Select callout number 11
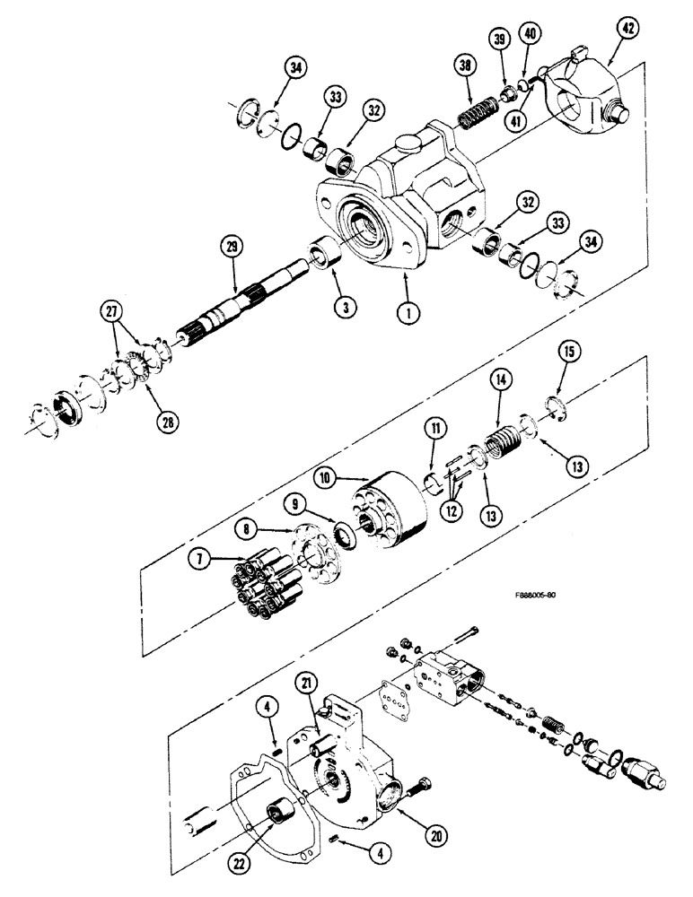434,431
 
